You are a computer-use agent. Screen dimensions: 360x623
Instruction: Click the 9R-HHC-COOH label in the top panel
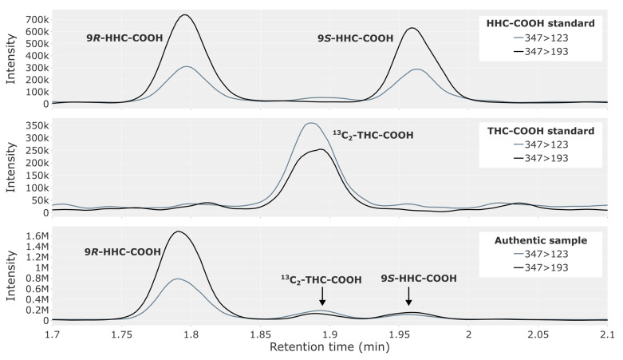124,38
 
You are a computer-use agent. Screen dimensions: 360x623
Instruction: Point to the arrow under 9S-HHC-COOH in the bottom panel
408,296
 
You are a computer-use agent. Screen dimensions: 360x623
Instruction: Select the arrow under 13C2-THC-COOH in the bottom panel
322,296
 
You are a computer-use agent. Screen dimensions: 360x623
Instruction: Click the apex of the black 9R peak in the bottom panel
178,231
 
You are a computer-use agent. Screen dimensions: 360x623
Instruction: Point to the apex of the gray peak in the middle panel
311,123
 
